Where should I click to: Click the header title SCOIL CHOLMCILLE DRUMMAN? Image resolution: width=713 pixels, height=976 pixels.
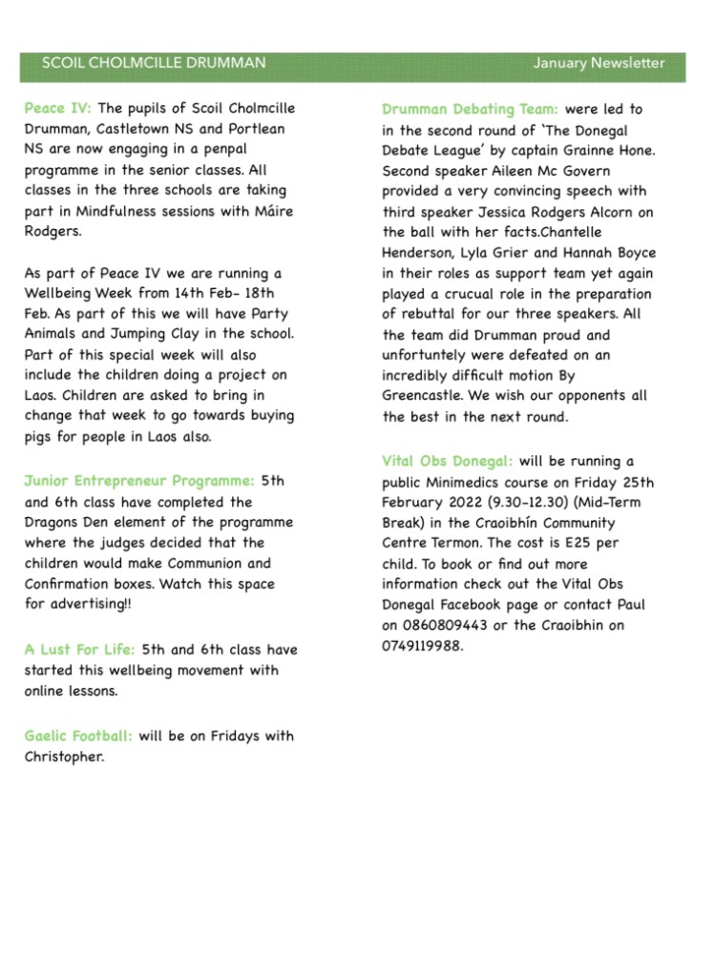pos(154,64)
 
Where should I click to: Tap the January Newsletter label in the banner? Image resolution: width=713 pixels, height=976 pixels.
pos(598,64)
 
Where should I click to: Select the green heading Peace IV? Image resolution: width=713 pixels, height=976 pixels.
pos(58,108)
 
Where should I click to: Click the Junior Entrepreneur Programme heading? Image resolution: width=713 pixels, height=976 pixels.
pos(139,481)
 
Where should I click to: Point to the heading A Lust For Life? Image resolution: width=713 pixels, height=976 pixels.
pos(80,650)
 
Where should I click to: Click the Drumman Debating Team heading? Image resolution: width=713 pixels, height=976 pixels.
pos(470,110)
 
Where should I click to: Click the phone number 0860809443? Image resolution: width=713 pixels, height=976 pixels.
pos(427,625)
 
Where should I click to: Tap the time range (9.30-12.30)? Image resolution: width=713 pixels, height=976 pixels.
pos(502,503)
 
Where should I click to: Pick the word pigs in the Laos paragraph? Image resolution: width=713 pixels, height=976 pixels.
pos(39,436)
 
